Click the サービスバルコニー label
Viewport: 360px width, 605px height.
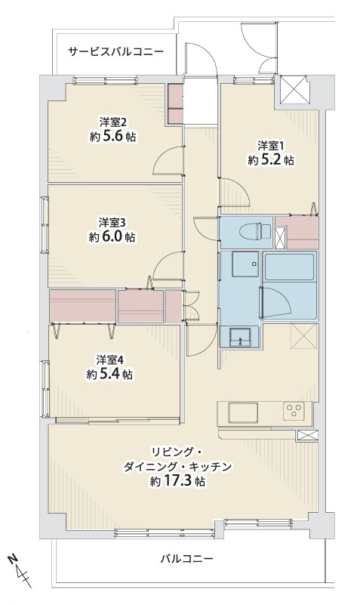[115, 52]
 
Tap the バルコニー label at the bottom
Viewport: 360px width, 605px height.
[186, 560]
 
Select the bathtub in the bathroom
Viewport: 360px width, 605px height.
[289, 268]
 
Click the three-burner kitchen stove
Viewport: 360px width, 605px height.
[294, 412]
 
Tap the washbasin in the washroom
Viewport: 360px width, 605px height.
[241, 335]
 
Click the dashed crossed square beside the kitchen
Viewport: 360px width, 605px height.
[304, 336]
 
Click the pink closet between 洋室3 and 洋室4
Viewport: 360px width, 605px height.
[82, 306]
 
